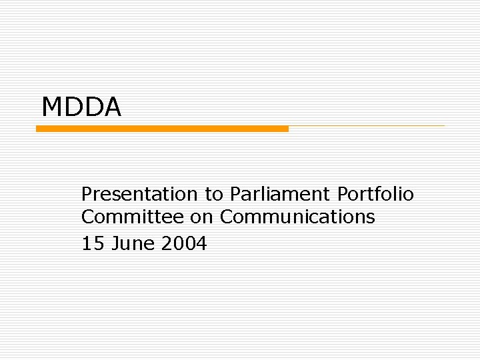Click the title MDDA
[81, 107]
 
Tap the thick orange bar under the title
[162, 129]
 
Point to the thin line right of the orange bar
[367, 126]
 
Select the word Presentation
[139, 194]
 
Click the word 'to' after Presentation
[214, 195]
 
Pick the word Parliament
[280, 194]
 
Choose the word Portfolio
[375, 194]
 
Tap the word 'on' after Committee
[202, 217]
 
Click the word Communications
[297, 217]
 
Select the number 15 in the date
[93, 244]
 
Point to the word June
[133, 244]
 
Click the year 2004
[184, 244]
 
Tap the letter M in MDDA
[51, 107]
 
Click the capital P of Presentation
[87, 194]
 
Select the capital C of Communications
[227, 217]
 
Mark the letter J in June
[114, 244]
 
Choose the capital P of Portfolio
[343, 194]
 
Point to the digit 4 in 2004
[202, 244]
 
